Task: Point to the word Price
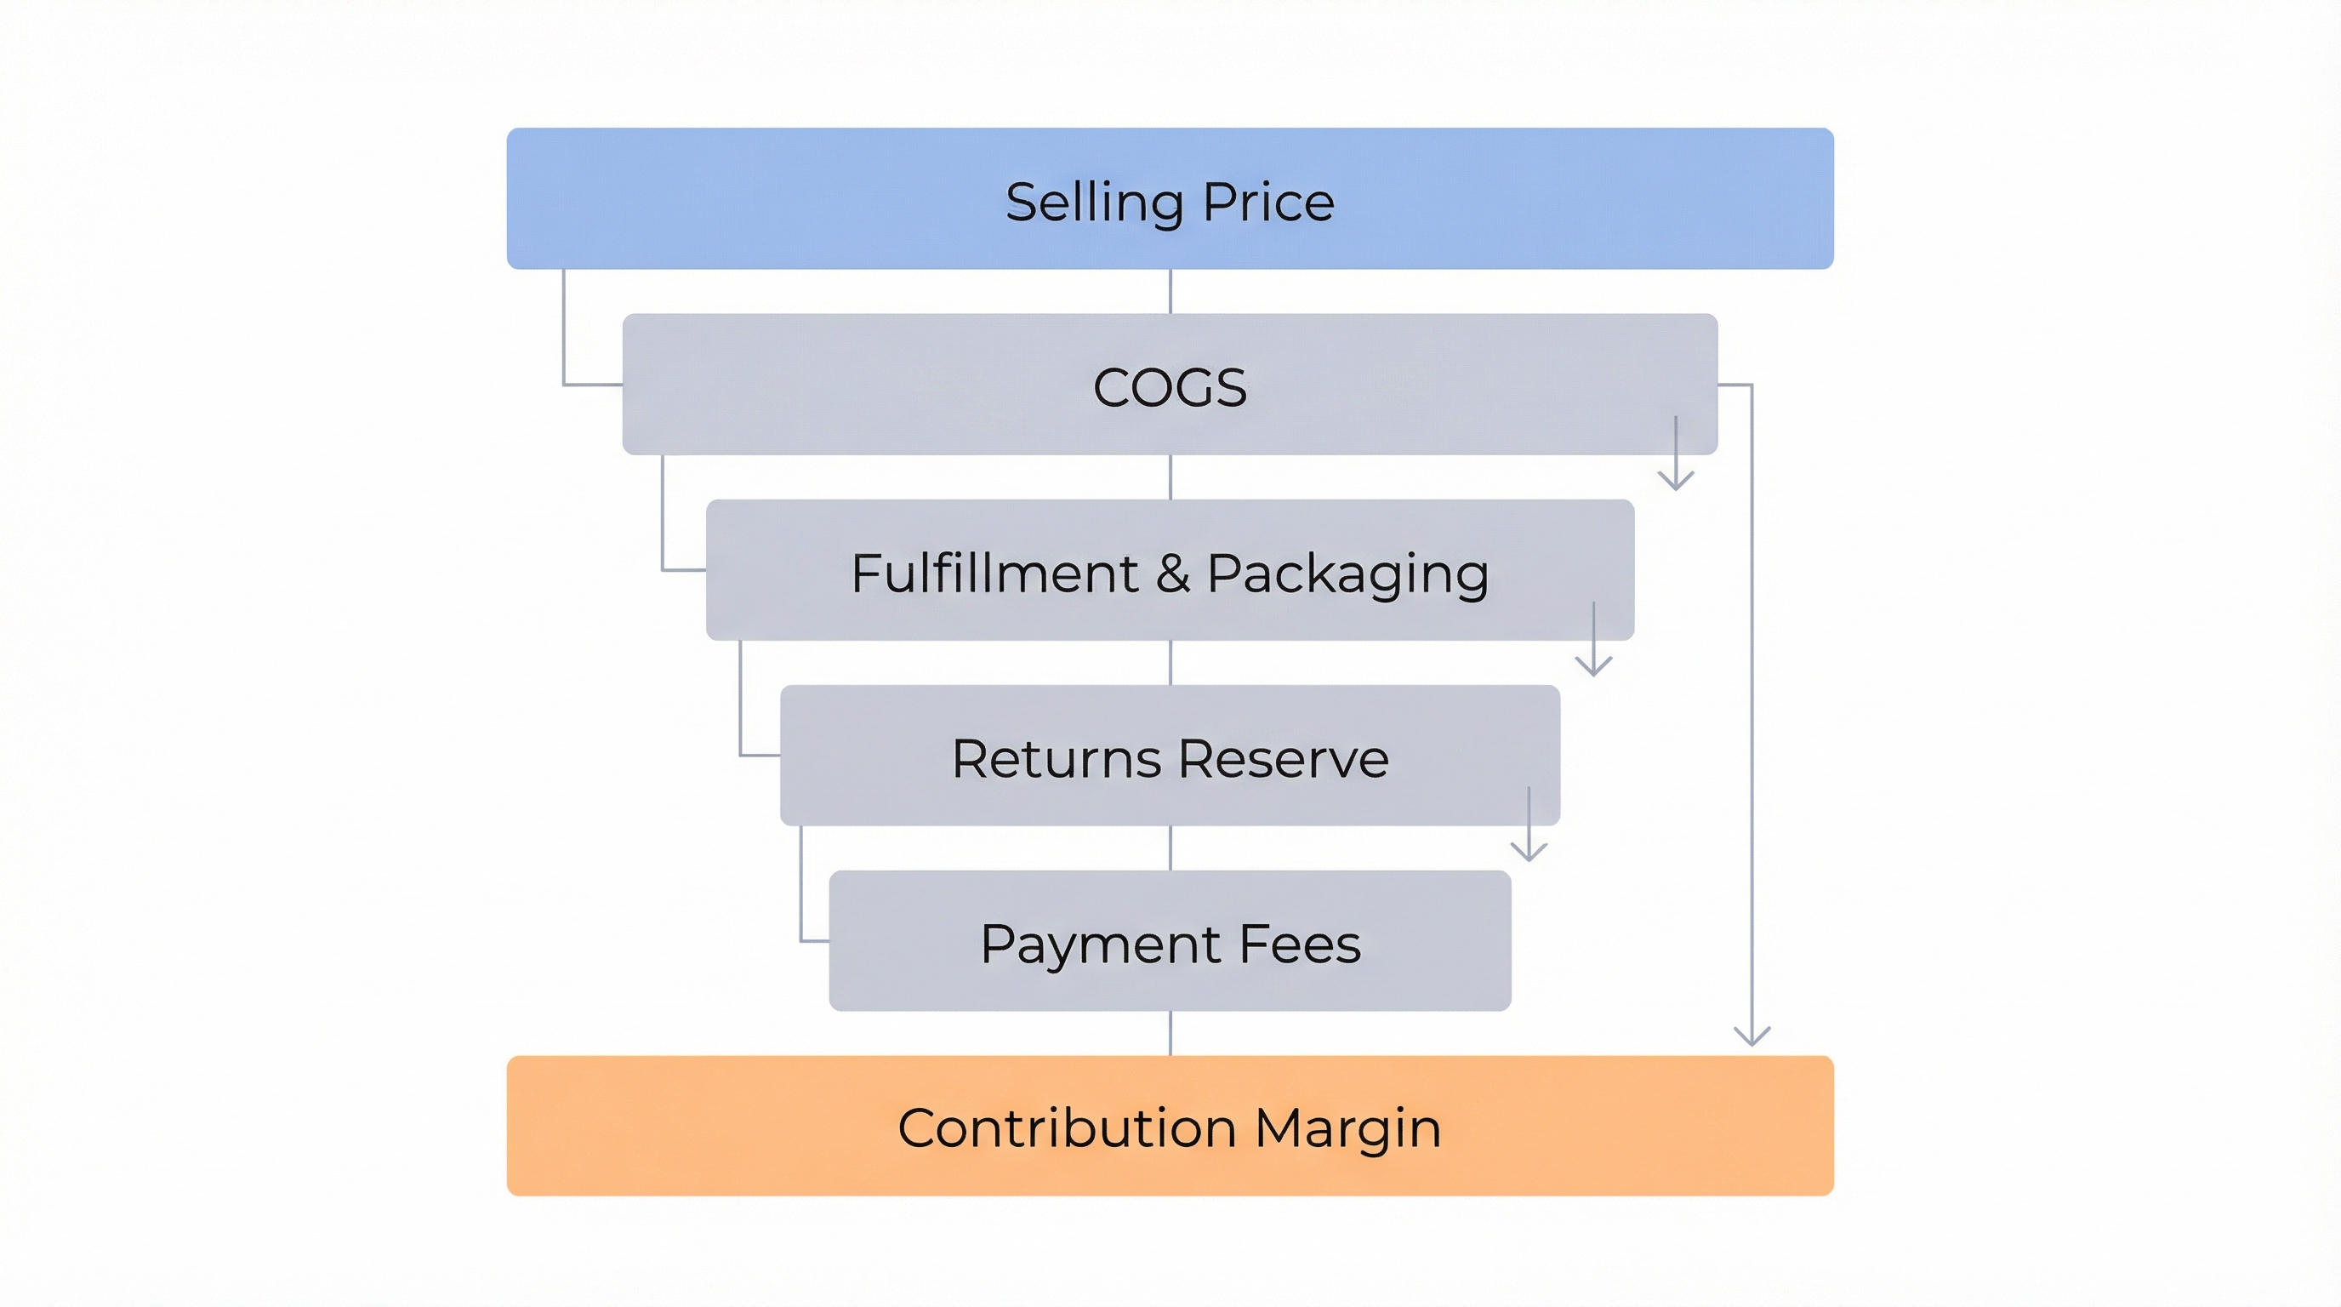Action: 1268,202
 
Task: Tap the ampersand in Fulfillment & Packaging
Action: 1172,574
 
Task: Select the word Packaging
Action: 1347,575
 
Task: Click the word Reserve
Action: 1283,759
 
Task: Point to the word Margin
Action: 1347,1129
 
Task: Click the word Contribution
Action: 1067,1128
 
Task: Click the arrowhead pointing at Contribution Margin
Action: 1751,1037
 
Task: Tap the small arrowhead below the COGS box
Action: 1675,481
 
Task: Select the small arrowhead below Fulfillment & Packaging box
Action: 1593,666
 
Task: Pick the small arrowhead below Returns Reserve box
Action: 1529,852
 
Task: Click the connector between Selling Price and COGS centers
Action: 1170,291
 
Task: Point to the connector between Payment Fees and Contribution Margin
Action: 1170,1032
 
